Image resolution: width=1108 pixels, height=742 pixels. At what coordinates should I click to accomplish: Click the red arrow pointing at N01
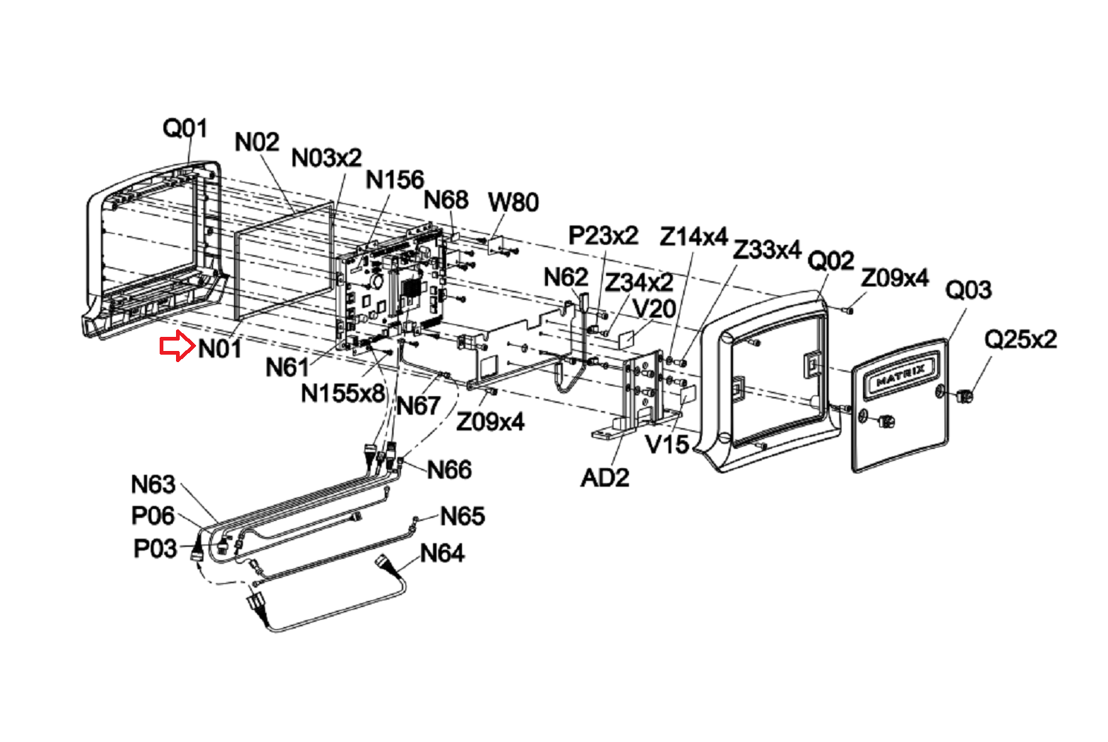pos(177,347)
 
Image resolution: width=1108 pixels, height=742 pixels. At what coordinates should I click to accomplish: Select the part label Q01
pos(185,128)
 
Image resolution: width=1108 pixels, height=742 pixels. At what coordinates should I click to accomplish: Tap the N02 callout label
pos(256,142)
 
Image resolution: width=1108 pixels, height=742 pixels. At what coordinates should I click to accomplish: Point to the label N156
pos(394,180)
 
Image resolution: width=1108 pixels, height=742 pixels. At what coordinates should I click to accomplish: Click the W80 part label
pos(513,202)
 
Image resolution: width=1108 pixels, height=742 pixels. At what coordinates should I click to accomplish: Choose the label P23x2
pos(603,235)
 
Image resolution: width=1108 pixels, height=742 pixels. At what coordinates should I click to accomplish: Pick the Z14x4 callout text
pos(694,237)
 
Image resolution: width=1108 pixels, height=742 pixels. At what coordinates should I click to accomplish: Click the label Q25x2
pos(1020,339)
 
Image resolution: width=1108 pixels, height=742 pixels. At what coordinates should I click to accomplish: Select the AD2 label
pos(604,477)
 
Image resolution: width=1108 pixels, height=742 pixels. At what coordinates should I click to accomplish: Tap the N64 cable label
pos(442,553)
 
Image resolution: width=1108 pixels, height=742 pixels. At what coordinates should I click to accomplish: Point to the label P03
pos(154,549)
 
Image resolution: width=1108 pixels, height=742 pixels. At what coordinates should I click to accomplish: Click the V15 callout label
pos(666,444)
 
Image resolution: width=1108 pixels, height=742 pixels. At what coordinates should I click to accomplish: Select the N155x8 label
pos(342,393)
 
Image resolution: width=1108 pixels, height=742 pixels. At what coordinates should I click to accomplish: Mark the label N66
pos(449,469)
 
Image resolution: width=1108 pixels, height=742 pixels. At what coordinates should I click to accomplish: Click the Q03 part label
pos(968,289)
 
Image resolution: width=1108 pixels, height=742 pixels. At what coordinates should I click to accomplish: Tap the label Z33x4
pos(766,250)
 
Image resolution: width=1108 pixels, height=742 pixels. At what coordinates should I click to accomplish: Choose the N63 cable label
pos(153,485)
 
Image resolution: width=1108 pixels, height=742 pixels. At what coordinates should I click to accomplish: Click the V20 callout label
pos(654,308)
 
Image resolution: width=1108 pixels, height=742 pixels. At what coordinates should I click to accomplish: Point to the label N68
pos(446,200)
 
